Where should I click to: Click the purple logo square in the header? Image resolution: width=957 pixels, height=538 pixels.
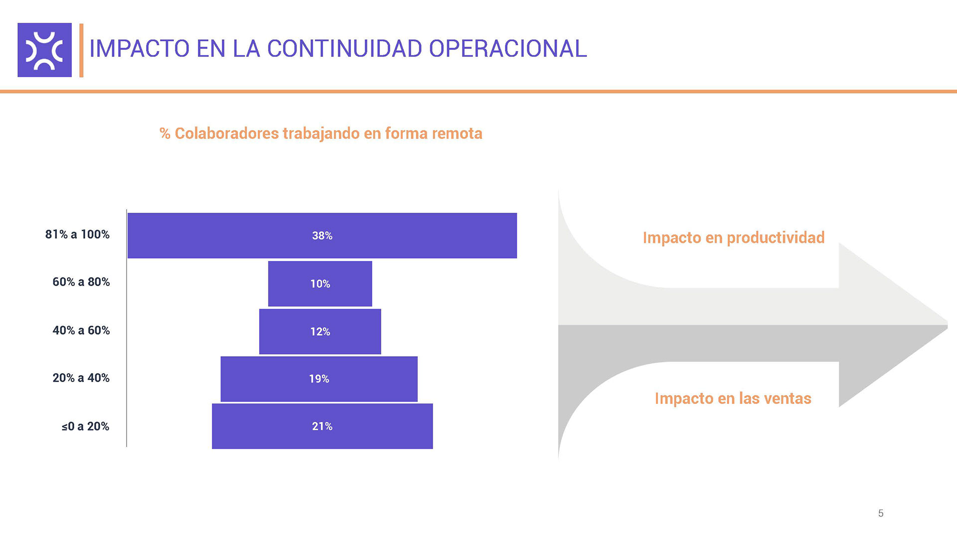(44, 50)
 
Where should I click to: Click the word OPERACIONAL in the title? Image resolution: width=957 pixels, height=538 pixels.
(507, 49)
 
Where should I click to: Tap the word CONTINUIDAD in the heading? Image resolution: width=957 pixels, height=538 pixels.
(344, 49)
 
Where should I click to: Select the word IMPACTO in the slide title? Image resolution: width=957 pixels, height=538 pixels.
(140, 49)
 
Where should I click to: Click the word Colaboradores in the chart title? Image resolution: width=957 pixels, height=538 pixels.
(227, 134)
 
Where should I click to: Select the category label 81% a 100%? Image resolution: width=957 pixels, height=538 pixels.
(77, 235)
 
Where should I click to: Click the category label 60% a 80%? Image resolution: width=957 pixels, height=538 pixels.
(81, 282)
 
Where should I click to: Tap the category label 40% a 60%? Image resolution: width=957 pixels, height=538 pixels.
(81, 330)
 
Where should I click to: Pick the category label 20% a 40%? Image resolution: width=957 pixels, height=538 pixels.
(81, 378)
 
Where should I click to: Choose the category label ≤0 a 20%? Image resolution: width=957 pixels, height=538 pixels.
(85, 426)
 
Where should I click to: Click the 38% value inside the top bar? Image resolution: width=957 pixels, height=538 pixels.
(322, 236)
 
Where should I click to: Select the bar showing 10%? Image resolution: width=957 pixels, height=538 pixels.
(320, 283)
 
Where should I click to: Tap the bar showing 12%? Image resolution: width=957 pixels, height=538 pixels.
(320, 332)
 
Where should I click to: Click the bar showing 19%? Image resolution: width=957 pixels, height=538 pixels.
(319, 379)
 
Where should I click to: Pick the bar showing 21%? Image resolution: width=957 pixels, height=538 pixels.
(322, 426)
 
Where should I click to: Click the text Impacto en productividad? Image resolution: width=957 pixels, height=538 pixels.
(733, 238)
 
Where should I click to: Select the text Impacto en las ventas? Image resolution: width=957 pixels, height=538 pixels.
(733, 399)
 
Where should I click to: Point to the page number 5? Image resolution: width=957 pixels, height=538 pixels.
(881, 513)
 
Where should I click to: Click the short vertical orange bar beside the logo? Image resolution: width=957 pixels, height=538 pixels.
(81, 50)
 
